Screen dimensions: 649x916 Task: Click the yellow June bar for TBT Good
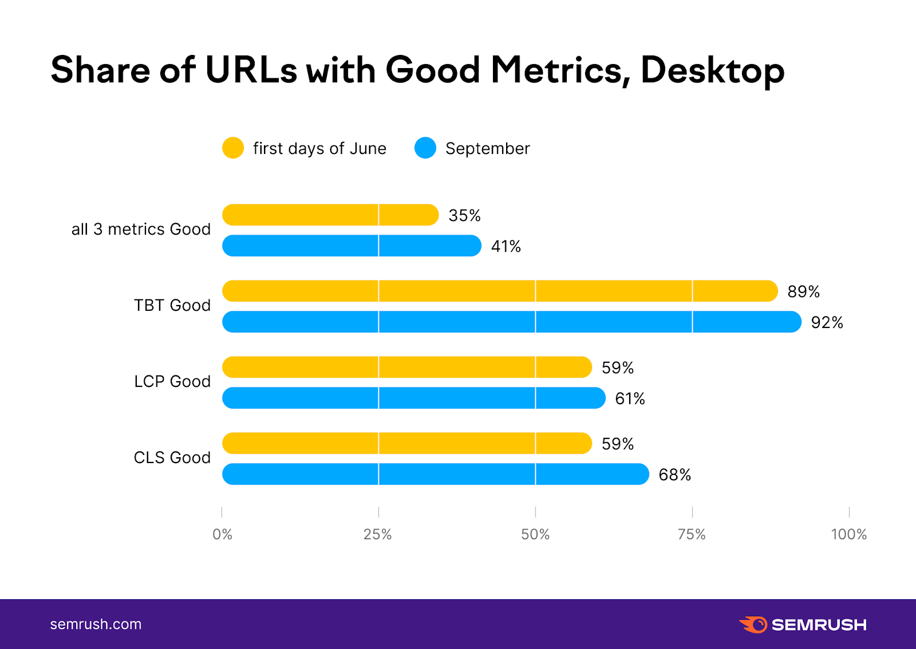500,291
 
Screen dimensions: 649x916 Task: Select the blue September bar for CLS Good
435,474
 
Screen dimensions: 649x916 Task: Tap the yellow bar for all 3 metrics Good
330,215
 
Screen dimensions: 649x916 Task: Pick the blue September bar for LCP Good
413,398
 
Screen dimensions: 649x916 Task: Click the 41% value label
506,247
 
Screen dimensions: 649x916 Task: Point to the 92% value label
827,323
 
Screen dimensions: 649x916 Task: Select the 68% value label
674,475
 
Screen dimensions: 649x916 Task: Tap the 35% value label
464,216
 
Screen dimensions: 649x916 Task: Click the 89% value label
803,292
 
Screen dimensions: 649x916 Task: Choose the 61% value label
630,399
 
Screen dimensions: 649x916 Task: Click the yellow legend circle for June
233,148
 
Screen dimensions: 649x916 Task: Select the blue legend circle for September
425,148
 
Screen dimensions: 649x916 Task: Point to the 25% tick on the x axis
378,535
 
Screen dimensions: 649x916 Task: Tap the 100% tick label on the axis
848,535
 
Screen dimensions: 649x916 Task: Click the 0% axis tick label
222,535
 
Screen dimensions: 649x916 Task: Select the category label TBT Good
172,306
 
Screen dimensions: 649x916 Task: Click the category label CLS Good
172,458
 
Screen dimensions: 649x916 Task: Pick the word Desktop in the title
712,71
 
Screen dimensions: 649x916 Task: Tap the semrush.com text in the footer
96,624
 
